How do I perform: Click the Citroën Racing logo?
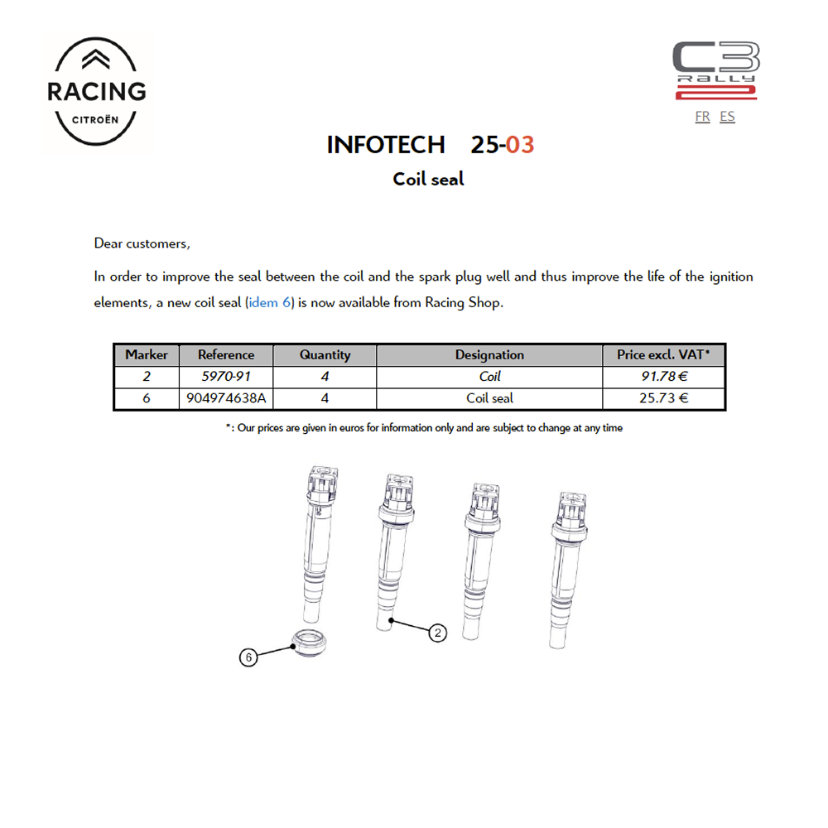[x=97, y=90]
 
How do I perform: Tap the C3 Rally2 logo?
[x=715, y=71]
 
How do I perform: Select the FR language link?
[x=702, y=117]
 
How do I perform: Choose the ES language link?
[x=727, y=117]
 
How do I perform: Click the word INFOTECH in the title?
[x=386, y=145]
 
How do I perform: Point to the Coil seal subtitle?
[x=428, y=179]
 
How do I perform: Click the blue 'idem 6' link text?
[x=270, y=302]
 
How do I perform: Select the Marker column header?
[x=147, y=355]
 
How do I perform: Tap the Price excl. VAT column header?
[x=663, y=355]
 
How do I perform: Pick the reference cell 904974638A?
[x=226, y=398]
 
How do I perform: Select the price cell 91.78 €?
[x=663, y=377]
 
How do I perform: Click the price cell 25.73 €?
[x=663, y=398]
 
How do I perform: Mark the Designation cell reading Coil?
[x=489, y=377]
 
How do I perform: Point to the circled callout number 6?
[x=248, y=657]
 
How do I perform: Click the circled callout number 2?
[x=438, y=633]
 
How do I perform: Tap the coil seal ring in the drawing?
[x=308, y=643]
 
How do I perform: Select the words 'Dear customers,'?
[x=142, y=243]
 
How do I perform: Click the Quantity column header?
[x=325, y=355]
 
